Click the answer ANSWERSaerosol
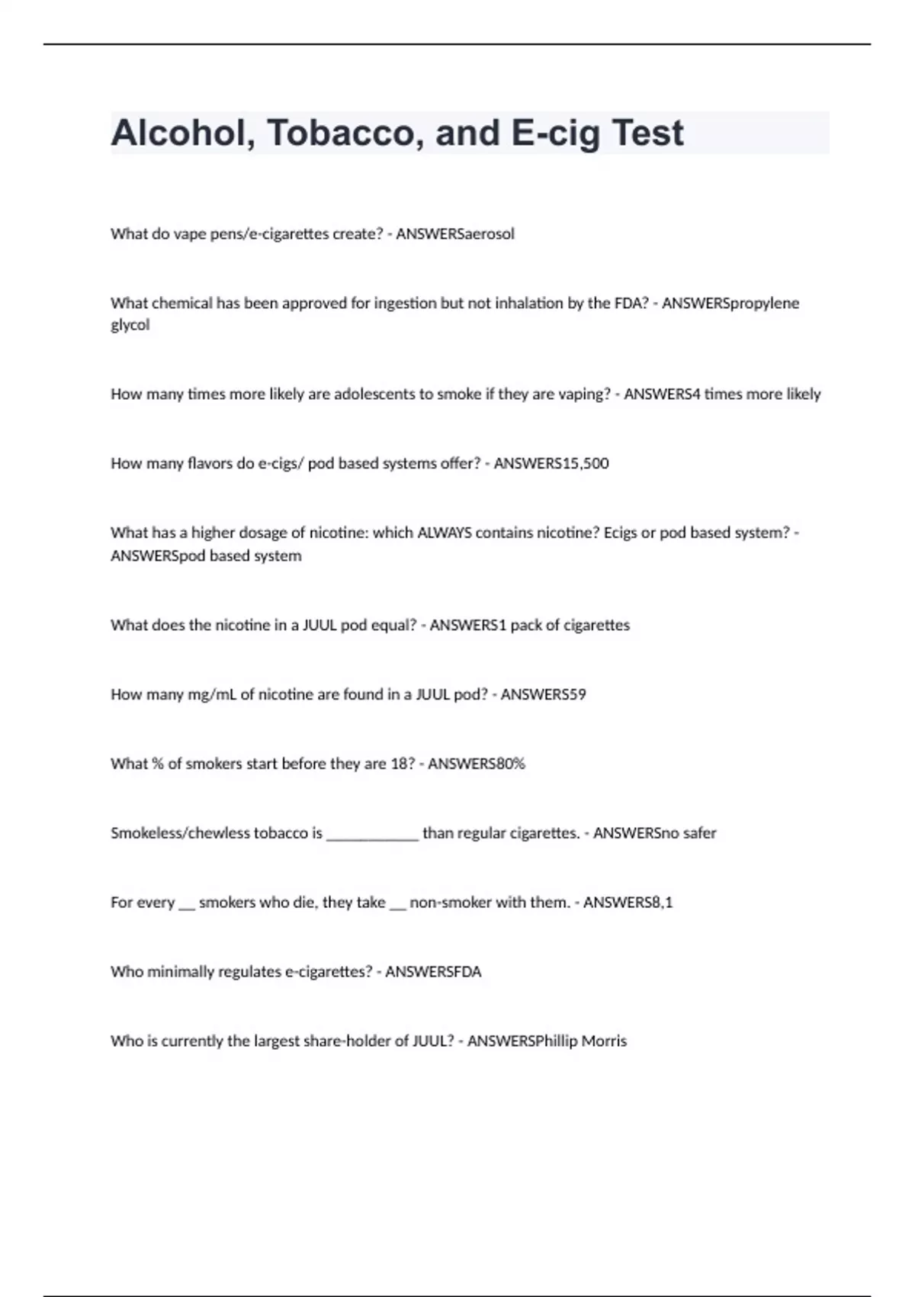point(455,233)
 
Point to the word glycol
point(130,325)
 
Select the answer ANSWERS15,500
point(551,463)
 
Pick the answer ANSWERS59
point(544,694)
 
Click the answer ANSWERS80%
point(477,764)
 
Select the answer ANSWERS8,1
point(628,903)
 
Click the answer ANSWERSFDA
point(433,972)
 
